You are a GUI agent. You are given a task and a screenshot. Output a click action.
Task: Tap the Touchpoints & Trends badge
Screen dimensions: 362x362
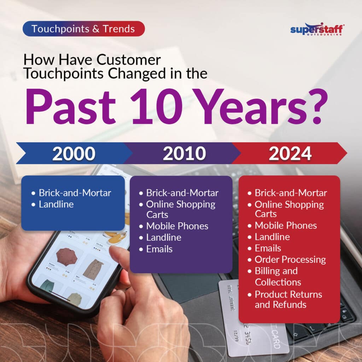pos(83,29)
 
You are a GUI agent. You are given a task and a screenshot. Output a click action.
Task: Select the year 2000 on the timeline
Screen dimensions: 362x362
pos(74,153)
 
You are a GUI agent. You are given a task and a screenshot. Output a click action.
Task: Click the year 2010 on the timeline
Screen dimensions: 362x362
pos(184,153)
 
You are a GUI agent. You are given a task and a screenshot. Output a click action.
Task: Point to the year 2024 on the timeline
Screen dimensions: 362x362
pos(290,153)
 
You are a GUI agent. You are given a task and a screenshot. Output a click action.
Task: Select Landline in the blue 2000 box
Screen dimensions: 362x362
pos(56,204)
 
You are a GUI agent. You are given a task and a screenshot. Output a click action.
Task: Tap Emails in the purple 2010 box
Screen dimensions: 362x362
pos(159,249)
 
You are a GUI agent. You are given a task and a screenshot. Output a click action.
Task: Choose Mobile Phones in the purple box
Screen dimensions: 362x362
pos(177,226)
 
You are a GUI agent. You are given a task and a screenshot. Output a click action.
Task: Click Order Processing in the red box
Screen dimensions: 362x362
pos(290,259)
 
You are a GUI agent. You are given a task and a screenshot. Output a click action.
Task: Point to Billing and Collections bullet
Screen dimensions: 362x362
pos(278,276)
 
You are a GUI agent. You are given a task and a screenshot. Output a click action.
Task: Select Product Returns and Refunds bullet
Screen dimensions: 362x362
pos(288,299)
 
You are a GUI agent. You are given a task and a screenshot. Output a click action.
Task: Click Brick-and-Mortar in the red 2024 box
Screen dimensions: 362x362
pos(291,193)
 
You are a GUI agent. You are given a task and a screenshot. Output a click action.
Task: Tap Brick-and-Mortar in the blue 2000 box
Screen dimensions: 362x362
pos(75,193)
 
